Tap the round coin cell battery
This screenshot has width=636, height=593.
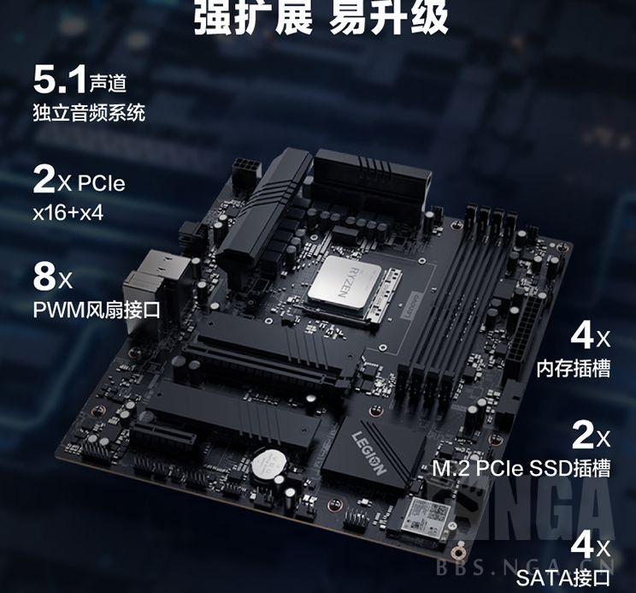tap(273, 463)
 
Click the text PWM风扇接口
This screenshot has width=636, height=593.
tap(96, 309)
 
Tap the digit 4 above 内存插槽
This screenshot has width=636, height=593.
tap(581, 336)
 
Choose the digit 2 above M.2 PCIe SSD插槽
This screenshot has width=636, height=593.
tap(582, 436)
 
